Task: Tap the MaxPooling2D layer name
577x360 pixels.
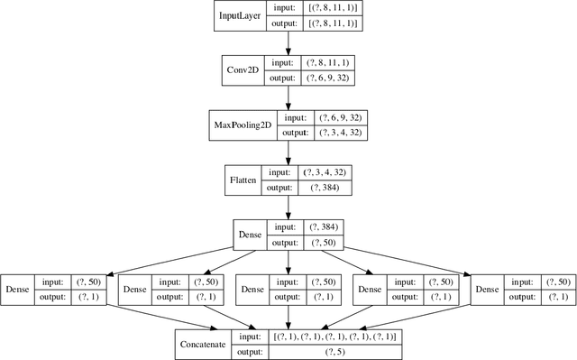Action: point(241,125)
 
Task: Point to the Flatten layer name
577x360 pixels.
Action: point(243,180)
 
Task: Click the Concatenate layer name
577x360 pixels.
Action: point(202,344)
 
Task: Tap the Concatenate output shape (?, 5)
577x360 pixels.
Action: point(334,352)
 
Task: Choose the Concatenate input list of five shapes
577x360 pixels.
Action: point(334,336)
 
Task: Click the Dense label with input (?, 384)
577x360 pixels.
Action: point(250,235)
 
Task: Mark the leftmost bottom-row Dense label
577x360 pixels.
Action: point(18,290)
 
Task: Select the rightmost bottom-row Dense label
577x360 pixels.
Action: point(486,290)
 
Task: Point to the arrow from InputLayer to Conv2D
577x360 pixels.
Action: point(288,42)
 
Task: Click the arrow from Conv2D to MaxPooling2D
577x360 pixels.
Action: point(288,97)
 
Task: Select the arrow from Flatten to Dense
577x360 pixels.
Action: point(288,207)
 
